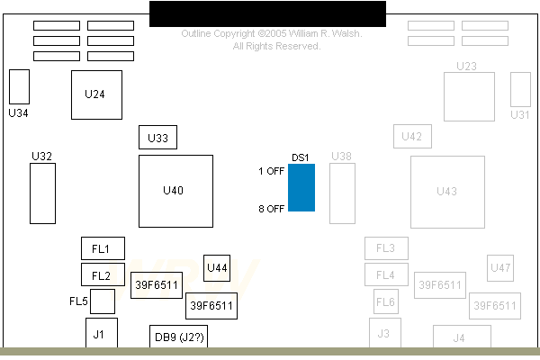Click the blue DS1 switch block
coord(301,188)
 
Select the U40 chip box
coord(175,191)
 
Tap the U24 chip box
coord(96,94)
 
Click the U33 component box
coord(157,138)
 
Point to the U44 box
coord(217,267)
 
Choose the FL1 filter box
coord(103,248)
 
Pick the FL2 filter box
coord(103,274)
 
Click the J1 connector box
coord(101,334)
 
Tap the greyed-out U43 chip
coord(447,191)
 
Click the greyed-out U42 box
coord(412,137)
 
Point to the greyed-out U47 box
coord(500,267)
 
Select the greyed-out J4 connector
coord(459,337)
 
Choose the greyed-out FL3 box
coord(386,248)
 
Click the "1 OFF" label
coord(271,171)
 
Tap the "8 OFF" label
coord(271,209)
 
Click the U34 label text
coord(18,113)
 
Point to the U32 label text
coord(41,157)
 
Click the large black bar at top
coord(267,13)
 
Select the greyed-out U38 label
coord(342,157)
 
